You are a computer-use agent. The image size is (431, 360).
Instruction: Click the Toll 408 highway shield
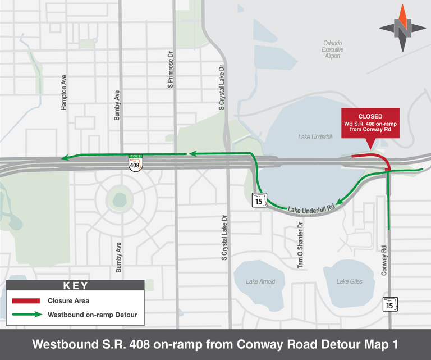pyautogui.click(x=135, y=163)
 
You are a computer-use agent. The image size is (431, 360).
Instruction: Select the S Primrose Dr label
pyautogui.click(x=171, y=70)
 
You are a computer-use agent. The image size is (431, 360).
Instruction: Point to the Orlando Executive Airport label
pyautogui.click(x=332, y=49)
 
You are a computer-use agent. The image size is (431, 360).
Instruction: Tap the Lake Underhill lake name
pyautogui.click(x=315, y=136)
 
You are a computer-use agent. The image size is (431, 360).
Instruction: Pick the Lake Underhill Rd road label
pyautogui.click(x=311, y=209)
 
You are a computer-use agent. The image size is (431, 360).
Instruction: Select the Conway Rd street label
pyautogui.click(x=384, y=259)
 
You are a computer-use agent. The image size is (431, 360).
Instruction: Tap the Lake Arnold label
pyautogui.click(x=260, y=281)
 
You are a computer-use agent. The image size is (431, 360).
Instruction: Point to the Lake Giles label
pyautogui.click(x=350, y=281)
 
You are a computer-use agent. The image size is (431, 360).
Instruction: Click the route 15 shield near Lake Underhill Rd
pyautogui.click(x=258, y=199)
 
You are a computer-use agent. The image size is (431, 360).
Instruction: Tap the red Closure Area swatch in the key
pyautogui.click(x=26, y=301)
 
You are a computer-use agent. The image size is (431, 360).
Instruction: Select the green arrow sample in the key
pyautogui.click(x=26, y=315)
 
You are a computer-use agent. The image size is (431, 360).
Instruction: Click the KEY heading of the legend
pyautogui.click(x=75, y=285)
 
